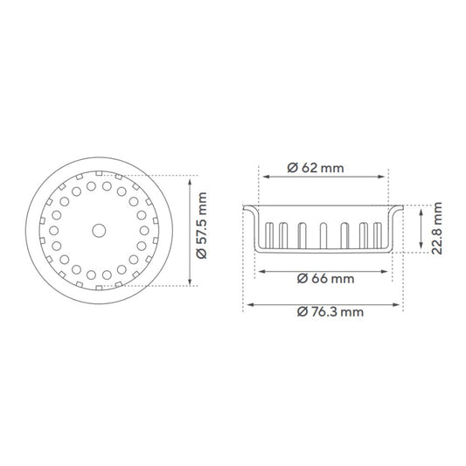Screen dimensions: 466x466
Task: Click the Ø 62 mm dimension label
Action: (x=316, y=168)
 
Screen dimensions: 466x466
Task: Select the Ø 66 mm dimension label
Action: (x=326, y=279)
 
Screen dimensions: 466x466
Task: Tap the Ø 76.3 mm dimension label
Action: (x=330, y=312)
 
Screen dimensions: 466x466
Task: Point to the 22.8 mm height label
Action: (x=437, y=228)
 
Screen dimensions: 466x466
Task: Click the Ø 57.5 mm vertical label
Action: (x=202, y=226)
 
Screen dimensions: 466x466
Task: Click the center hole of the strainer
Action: (x=99, y=231)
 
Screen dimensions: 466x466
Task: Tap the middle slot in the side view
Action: (x=323, y=236)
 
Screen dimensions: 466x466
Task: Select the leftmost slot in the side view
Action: (x=269, y=235)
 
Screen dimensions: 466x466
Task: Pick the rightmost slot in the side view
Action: (x=378, y=235)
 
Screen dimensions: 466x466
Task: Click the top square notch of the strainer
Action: (x=99, y=173)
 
